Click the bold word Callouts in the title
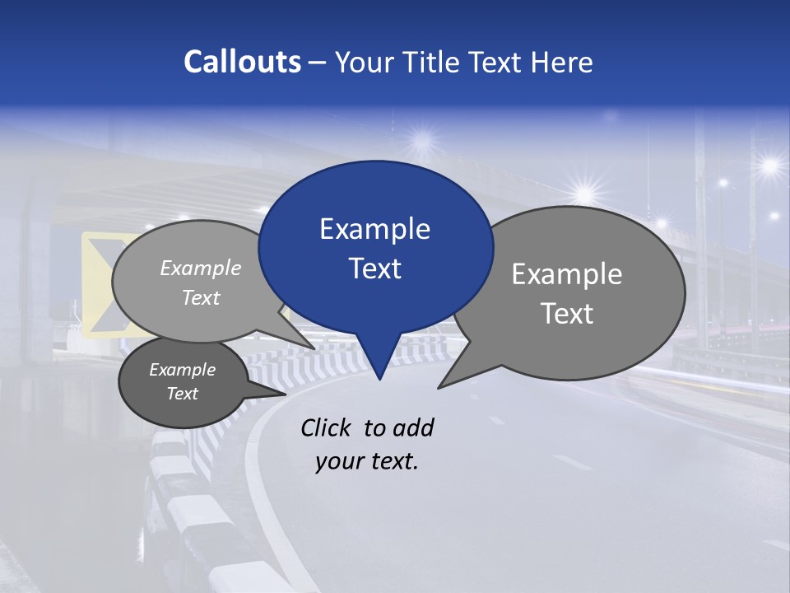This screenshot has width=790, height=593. click(x=242, y=62)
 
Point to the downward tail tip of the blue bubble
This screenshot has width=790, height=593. click(x=379, y=378)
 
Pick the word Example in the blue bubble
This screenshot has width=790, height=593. click(x=374, y=229)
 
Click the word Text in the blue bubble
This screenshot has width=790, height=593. click(x=374, y=268)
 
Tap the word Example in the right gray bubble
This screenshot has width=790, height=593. click(x=566, y=274)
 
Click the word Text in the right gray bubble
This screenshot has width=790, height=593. click(x=566, y=314)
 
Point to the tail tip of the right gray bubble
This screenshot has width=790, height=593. click(x=439, y=386)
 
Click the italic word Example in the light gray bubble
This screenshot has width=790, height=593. click(x=201, y=268)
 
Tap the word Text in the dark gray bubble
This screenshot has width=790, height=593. click(x=182, y=394)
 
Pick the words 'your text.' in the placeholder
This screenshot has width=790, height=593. click(x=367, y=461)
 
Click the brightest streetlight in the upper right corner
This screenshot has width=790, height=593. click(x=769, y=166)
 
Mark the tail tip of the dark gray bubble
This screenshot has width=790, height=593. click(x=286, y=394)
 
